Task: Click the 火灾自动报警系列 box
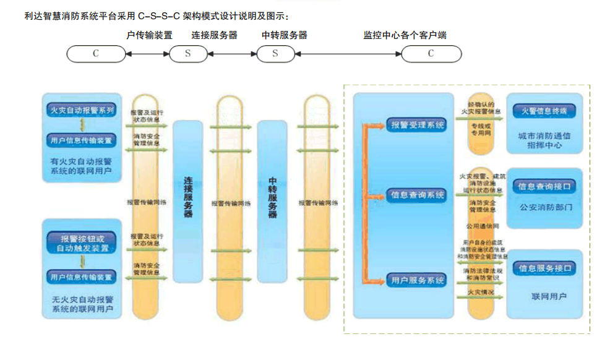coord(81,111)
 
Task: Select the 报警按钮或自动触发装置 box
coord(81,243)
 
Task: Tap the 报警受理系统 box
coord(417,125)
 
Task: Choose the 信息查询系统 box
coord(417,195)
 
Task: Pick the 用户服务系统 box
coord(417,280)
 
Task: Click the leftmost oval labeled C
coord(96,54)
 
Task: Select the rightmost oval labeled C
coord(431,54)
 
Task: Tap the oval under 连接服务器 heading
coord(188,54)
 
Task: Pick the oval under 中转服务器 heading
coord(275,54)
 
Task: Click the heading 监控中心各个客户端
coord(405,35)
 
